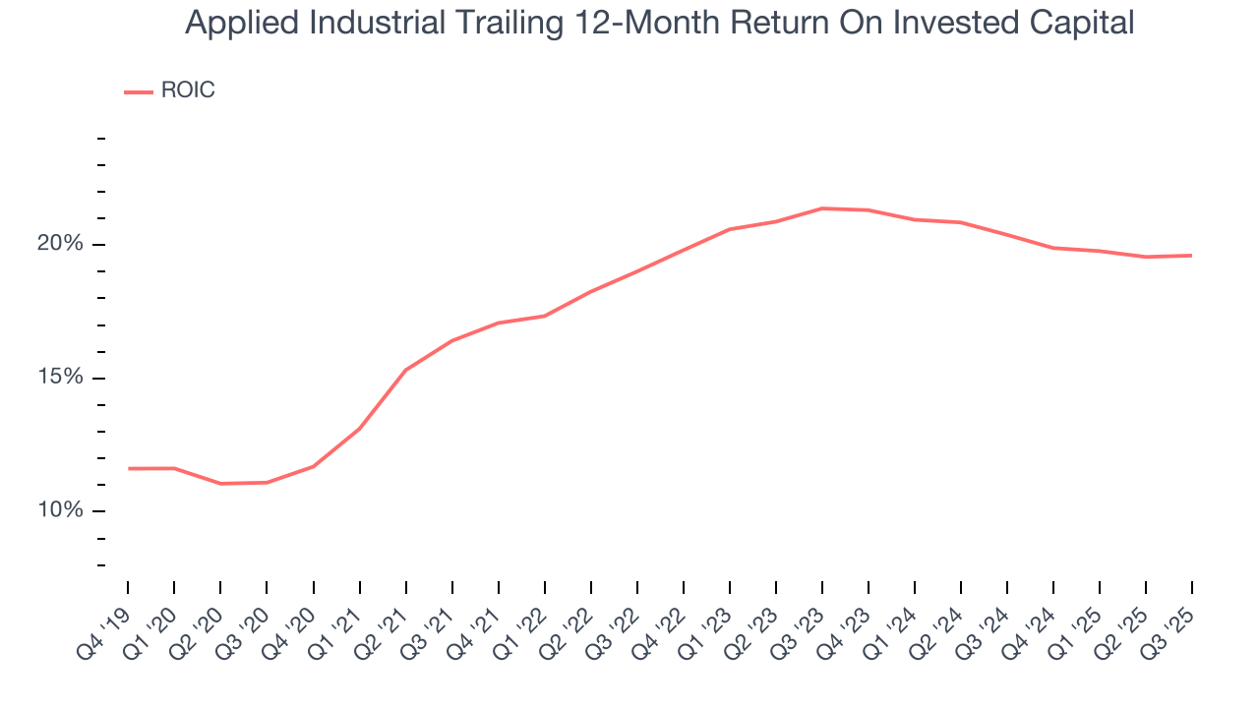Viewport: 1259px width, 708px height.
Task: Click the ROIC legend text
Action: (x=187, y=90)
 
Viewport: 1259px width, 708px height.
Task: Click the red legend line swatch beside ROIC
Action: (x=138, y=91)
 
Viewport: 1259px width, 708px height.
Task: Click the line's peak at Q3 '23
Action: (x=822, y=208)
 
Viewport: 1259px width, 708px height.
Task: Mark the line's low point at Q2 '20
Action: (x=220, y=484)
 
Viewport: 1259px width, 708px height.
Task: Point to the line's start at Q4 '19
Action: (x=128, y=468)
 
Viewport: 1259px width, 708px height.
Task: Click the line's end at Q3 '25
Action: (x=1192, y=256)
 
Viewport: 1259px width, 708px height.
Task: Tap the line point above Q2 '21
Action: (x=405, y=370)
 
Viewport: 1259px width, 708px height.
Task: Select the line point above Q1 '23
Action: (x=730, y=229)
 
